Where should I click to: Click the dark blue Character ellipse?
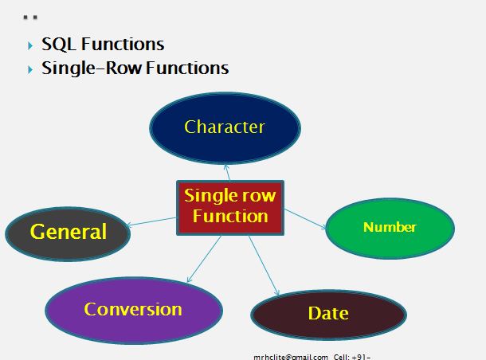pyautogui.click(x=225, y=127)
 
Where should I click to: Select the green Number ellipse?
pyautogui.click(x=390, y=228)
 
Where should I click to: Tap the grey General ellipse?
pyautogui.click(x=68, y=233)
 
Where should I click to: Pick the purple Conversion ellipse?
pyautogui.click(x=133, y=310)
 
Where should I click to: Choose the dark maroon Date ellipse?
pyautogui.click(x=328, y=314)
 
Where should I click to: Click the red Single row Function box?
pyautogui.click(x=229, y=206)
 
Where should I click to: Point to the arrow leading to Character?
pyautogui.click(x=227, y=172)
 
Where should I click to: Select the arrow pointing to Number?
pyautogui.click(x=305, y=219)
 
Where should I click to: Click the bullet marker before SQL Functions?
pyautogui.click(x=30, y=45)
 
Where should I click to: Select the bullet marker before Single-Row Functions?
pyautogui.click(x=30, y=69)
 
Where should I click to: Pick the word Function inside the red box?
pyautogui.click(x=229, y=216)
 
